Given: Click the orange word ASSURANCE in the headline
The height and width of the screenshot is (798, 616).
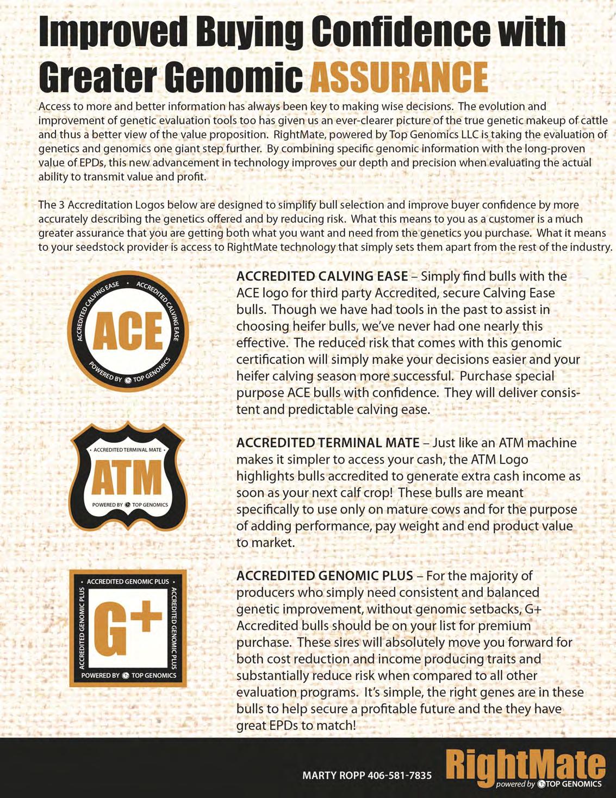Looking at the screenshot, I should (399, 77).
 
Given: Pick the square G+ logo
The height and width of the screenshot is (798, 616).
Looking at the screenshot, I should (128, 628).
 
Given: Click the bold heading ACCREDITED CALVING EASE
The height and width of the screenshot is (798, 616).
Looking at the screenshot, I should (322, 276).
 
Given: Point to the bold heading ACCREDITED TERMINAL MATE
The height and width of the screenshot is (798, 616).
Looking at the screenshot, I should (328, 443).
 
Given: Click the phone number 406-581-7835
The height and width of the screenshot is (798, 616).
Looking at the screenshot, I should (400, 775).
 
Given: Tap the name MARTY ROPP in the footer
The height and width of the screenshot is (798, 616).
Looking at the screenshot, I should (333, 775).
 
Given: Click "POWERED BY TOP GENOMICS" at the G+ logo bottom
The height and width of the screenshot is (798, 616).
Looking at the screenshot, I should (129, 676).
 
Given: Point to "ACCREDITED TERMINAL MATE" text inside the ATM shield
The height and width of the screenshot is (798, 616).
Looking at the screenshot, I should (128, 450).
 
